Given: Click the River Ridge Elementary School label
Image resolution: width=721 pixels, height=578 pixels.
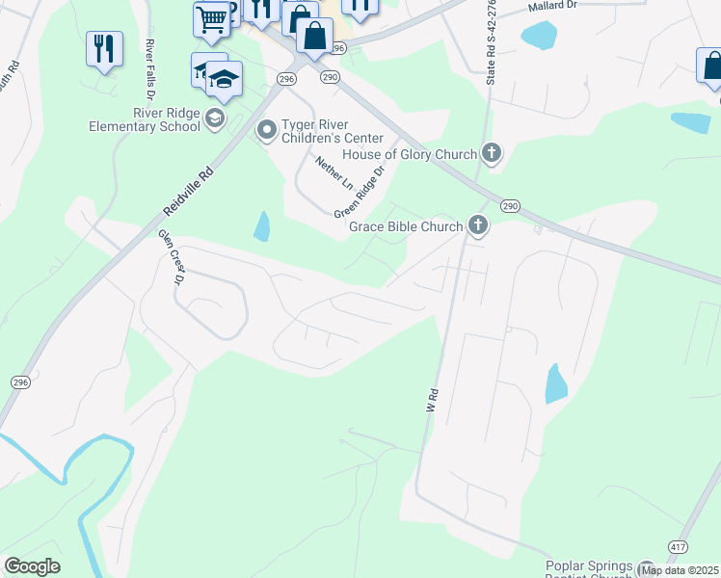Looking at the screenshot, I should (x=143, y=119).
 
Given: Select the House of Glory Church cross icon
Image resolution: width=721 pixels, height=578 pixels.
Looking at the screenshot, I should (x=493, y=153).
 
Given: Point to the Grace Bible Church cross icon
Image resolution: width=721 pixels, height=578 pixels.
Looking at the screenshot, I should (x=477, y=225).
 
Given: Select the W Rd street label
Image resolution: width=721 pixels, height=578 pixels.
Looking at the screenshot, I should (x=432, y=401).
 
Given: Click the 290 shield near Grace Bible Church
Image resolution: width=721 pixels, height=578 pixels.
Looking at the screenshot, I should (x=510, y=205).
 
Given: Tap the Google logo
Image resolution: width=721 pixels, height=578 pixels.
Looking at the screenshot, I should (x=33, y=566).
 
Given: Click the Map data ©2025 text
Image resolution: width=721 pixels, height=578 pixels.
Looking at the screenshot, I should (x=681, y=570).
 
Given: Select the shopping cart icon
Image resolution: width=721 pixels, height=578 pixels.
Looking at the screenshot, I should (x=211, y=17).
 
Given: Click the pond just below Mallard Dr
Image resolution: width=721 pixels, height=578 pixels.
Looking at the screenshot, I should (x=538, y=36).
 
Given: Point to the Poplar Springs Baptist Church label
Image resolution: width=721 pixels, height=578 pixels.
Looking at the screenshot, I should (x=590, y=568).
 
